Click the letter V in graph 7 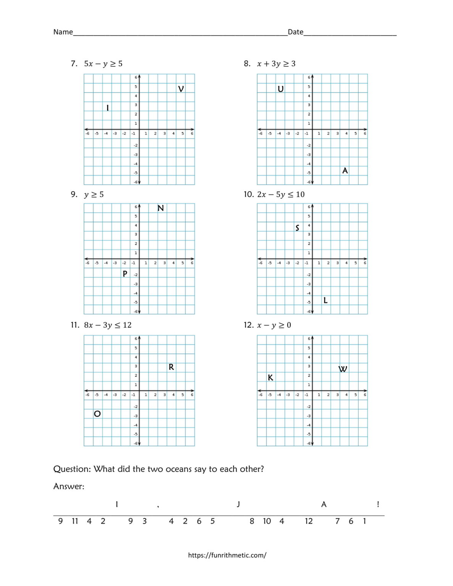[x=181, y=89]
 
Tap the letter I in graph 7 [x=108, y=108]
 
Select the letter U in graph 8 [x=281, y=89]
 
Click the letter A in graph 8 [x=345, y=171]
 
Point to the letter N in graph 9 [x=161, y=208]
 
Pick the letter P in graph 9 [x=125, y=274]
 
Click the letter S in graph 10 [x=297, y=228]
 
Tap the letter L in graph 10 [x=326, y=300]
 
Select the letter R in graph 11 [x=171, y=367]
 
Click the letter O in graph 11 [x=97, y=414]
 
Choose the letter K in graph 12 [x=271, y=378]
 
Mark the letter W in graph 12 [x=343, y=369]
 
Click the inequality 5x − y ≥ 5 [x=103, y=64]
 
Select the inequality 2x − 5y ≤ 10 [x=281, y=195]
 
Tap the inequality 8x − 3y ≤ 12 [x=108, y=325]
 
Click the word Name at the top [x=63, y=32]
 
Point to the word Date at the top [x=295, y=32]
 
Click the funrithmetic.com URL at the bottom [x=227, y=555]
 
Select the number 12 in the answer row [x=309, y=521]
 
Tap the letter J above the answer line [x=239, y=504]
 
